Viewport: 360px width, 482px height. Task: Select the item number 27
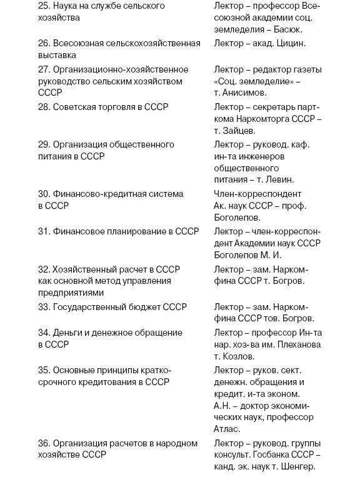[44, 69]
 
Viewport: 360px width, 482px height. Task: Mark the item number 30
[44, 194]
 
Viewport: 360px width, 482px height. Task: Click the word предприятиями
[68, 293]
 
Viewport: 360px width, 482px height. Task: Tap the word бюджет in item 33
[141, 307]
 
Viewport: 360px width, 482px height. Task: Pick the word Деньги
[69, 333]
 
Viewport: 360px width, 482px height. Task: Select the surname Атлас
[227, 429]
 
